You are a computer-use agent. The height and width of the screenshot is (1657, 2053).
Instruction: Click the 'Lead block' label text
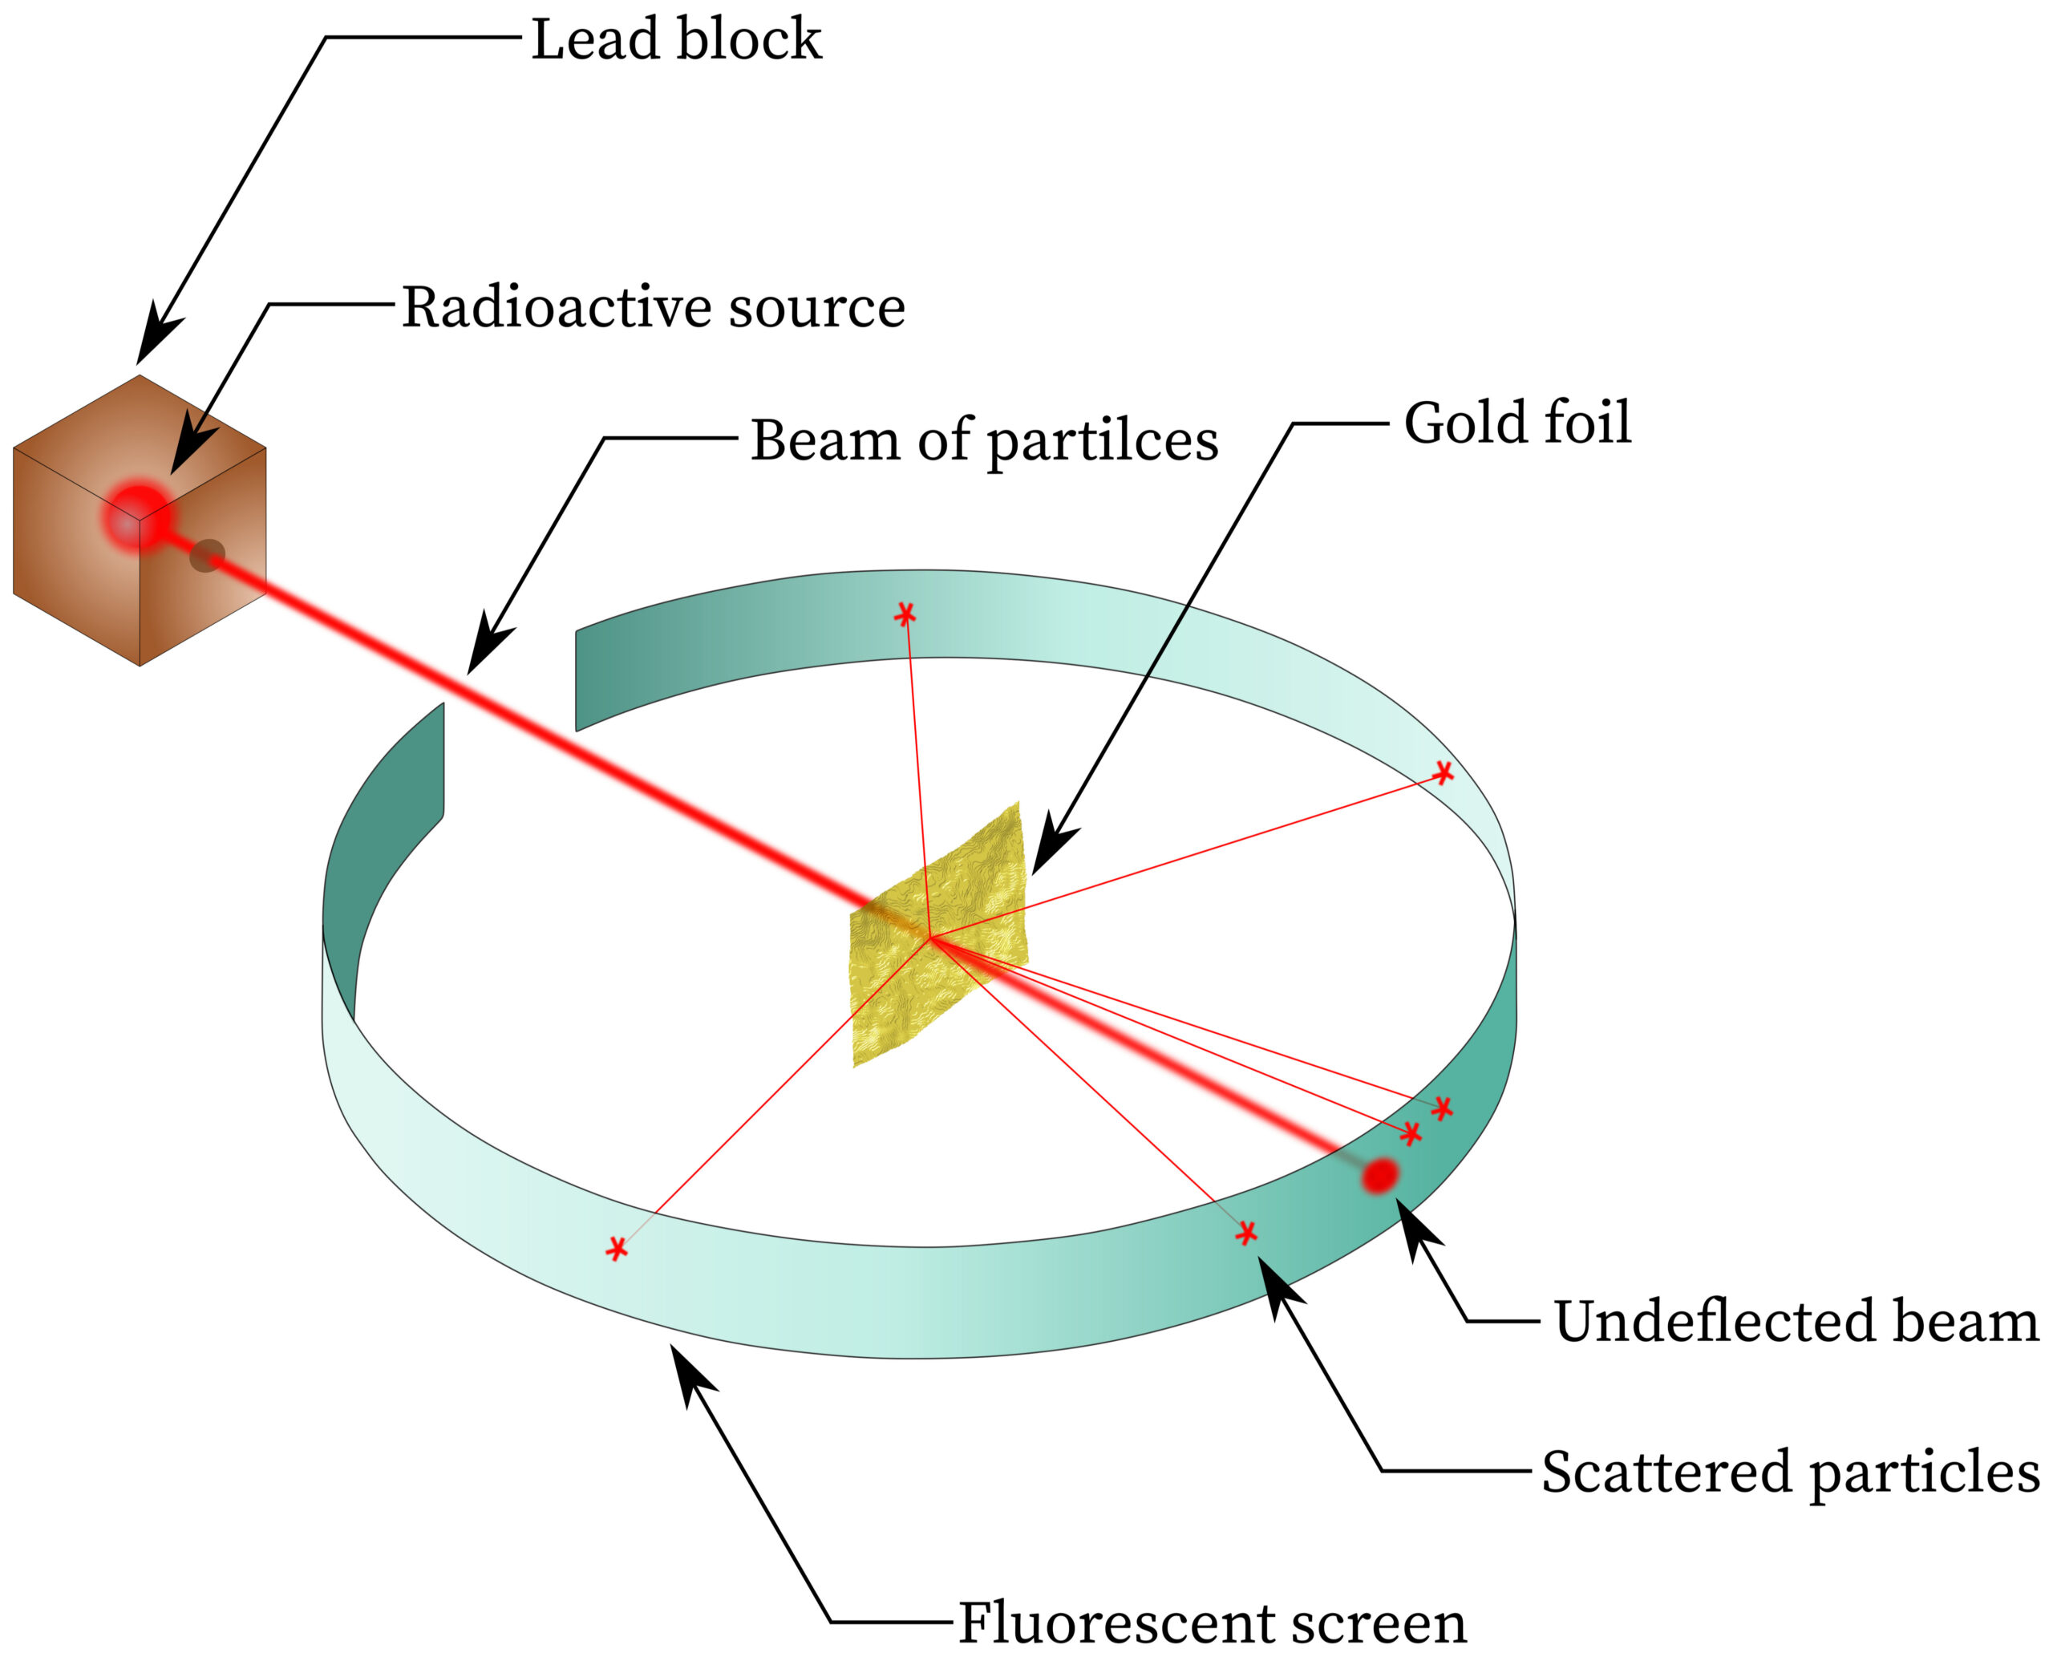click(x=676, y=40)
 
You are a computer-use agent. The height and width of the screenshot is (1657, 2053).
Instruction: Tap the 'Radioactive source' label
click(x=653, y=307)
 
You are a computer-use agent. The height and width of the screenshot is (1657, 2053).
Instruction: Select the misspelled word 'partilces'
click(x=1103, y=442)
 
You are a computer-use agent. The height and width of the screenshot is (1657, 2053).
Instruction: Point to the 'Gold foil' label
click(x=1516, y=423)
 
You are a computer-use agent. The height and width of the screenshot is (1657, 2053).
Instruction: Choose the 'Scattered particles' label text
click(x=1791, y=1472)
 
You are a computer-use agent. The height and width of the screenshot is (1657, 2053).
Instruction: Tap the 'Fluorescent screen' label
click(x=1212, y=1623)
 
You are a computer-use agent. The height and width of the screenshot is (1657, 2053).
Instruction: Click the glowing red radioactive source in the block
click(x=137, y=517)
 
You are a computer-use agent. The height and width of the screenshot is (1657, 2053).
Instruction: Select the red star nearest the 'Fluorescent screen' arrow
click(x=617, y=1249)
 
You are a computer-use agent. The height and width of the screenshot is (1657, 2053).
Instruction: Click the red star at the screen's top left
click(x=904, y=614)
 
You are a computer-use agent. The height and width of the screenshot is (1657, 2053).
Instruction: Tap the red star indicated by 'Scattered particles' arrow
click(x=1245, y=1234)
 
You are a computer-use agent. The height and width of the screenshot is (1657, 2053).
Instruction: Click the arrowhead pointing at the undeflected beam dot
click(x=1415, y=1226)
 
